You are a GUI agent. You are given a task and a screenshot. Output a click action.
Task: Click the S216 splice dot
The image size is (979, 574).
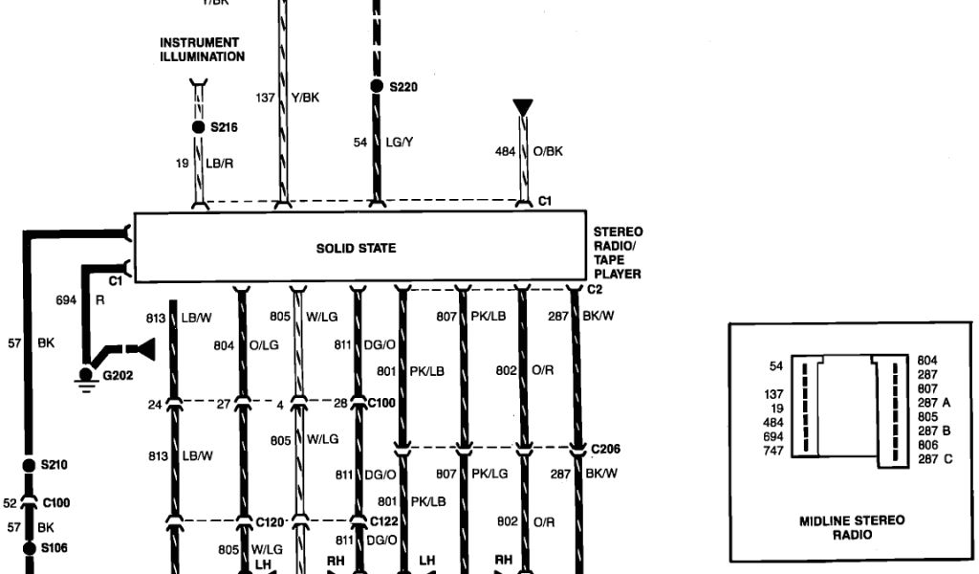[x=199, y=126]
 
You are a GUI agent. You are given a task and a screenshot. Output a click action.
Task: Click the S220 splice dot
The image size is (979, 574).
[x=377, y=87]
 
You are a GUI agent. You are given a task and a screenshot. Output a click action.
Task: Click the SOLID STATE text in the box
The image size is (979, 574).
[x=356, y=249]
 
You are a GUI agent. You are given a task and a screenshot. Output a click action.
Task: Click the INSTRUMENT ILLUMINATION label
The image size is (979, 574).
[x=202, y=50]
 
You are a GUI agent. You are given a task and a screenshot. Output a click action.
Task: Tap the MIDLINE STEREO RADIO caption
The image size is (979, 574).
[x=851, y=528]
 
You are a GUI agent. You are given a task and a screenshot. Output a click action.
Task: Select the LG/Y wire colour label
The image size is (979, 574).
[x=399, y=143]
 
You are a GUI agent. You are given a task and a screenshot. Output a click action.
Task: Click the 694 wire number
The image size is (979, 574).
[x=66, y=300]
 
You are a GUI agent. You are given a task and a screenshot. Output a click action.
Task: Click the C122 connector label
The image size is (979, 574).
[x=385, y=522]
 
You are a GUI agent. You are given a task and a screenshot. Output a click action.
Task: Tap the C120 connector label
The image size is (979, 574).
[x=270, y=522]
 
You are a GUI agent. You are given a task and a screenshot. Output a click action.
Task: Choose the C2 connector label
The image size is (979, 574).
[x=594, y=289]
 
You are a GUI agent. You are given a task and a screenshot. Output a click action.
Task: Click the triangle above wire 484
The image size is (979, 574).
[x=522, y=107]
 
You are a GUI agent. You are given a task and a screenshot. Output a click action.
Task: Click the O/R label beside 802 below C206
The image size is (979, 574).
[x=543, y=521]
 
